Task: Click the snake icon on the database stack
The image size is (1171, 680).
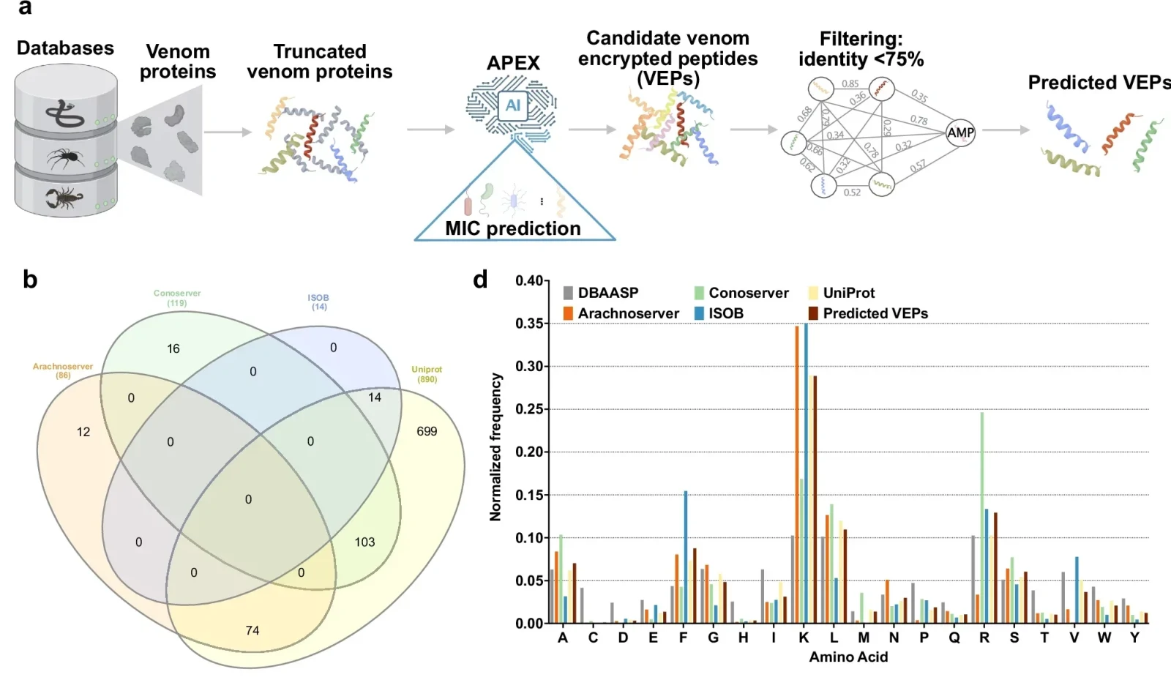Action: (x=64, y=113)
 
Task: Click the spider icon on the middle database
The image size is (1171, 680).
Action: (x=66, y=157)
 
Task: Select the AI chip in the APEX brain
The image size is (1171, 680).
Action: (x=512, y=105)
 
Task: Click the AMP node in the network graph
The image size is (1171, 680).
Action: (x=960, y=132)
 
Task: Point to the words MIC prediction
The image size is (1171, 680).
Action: (x=512, y=228)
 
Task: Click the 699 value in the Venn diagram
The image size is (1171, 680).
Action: (x=427, y=431)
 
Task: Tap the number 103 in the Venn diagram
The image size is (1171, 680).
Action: (x=364, y=542)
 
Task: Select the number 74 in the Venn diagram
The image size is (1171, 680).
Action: (x=252, y=630)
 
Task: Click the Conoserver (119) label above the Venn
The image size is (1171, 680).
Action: (x=177, y=297)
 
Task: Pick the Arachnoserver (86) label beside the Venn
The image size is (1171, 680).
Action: (x=63, y=370)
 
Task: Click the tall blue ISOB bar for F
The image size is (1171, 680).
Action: (x=686, y=556)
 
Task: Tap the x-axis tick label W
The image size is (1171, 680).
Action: (x=1104, y=638)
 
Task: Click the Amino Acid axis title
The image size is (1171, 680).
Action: (x=848, y=657)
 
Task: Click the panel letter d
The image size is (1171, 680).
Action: (x=480, y=280)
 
